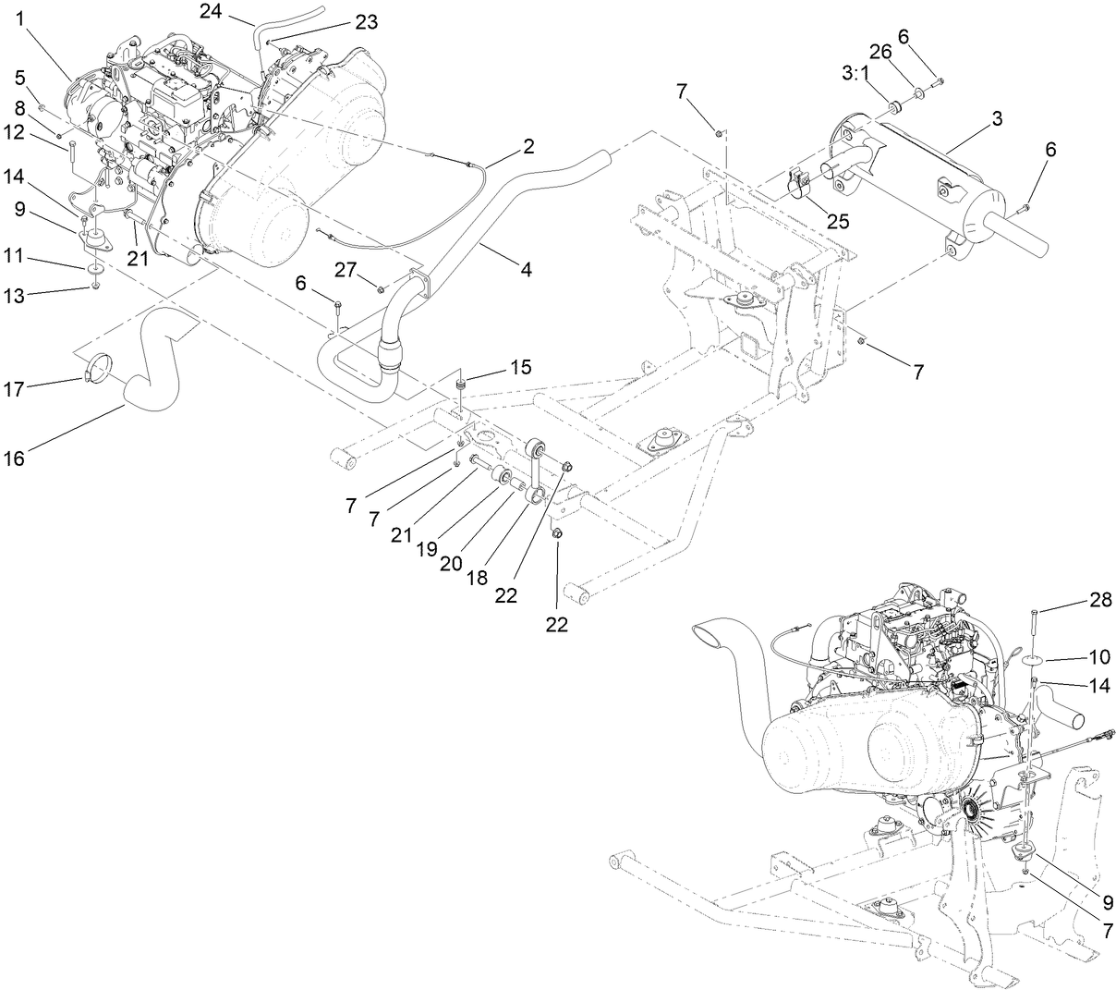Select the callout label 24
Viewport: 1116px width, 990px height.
click(213, 11)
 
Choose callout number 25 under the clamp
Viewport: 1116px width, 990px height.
click(840, 222)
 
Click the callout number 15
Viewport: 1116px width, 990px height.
click(520, 367)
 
